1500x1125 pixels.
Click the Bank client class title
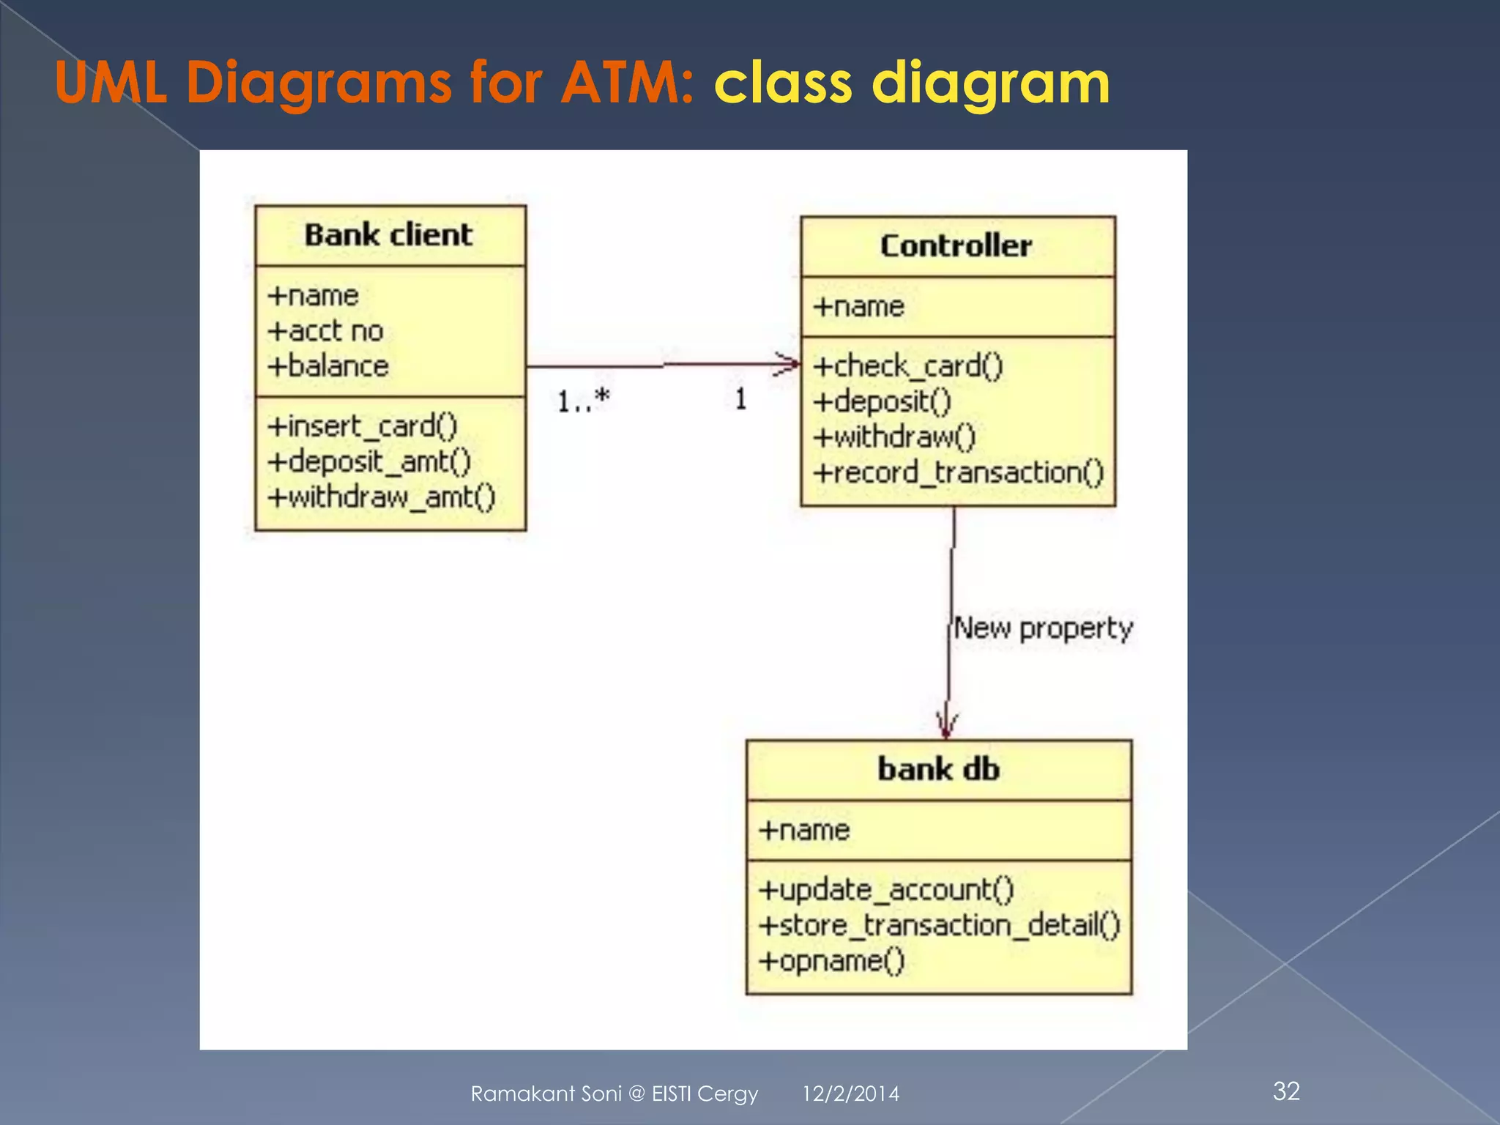point(388,235)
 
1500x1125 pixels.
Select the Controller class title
point(956,246)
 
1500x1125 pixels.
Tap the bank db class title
point(938,770)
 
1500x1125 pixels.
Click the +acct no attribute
point(325,331)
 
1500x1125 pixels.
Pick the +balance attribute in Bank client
point(328,366)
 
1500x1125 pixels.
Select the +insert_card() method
point(363,426)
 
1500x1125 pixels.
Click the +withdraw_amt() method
point(382,497)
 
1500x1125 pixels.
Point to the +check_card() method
point(907,366)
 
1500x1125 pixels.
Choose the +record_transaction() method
point(958,472)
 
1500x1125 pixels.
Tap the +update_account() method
point(886,890)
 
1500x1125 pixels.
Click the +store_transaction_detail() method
point(939,925)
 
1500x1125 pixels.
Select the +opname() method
point(832,960)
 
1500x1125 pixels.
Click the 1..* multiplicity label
point(583,401)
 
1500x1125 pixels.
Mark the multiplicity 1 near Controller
point(740,399)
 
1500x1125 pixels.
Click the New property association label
point(1043,628)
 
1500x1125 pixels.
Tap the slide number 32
point(1286,1091)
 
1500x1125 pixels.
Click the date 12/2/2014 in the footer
point(850,1094)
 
